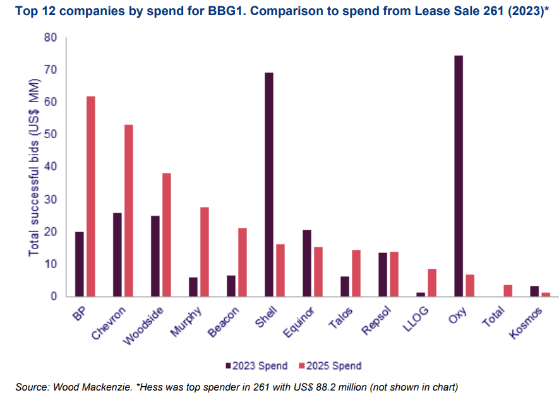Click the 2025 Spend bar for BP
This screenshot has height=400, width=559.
pos(91,196)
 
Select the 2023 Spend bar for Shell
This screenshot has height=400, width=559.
pos(269,184)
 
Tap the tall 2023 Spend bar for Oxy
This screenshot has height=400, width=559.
pos(459,176)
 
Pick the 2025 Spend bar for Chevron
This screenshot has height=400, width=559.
pos(129,211)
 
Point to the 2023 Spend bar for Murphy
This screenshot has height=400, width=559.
pos(193,286)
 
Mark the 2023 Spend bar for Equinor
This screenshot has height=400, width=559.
pos(307,263)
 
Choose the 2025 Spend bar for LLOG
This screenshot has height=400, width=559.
pos(432,283)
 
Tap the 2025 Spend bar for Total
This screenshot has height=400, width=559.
pos(508,290)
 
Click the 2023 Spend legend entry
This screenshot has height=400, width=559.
pos(257,365)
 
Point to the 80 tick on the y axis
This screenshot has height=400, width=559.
pos(51,38)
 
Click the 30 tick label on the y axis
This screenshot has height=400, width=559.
pos(51,199)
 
